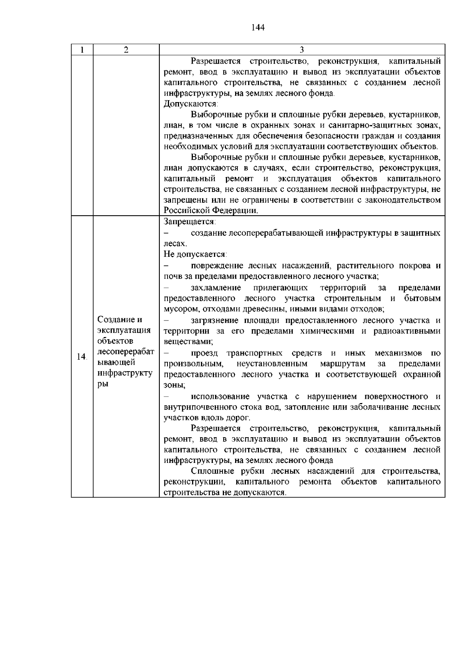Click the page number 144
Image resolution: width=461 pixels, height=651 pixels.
[x=258, y=28]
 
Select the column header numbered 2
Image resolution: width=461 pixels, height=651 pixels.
[x=126, y=50]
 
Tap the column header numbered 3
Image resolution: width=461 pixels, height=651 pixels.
[x=302, y=50]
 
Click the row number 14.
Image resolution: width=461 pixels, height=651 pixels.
[x=81, y=357]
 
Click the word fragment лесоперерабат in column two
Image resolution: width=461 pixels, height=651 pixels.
[x=126, y=352]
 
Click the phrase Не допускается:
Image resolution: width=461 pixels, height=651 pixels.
[x=195, y=254]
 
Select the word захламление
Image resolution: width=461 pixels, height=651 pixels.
[x=216, y=287]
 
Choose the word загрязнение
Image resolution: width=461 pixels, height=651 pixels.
[x=214, y=320]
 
